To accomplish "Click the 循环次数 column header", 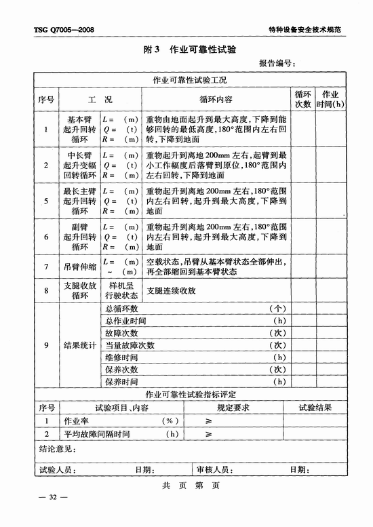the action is pos(302,99).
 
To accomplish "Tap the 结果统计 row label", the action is pos(81,345).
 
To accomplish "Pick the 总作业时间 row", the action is pos(125,320).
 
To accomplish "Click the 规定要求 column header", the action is pos(233,408).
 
